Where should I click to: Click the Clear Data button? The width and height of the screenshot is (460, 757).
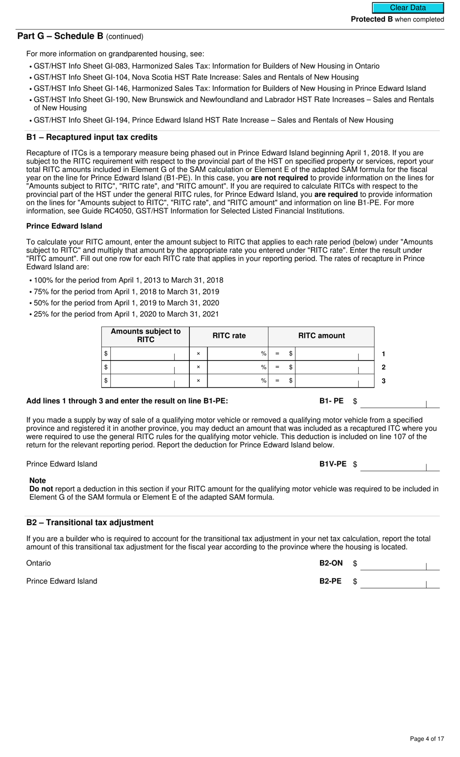click(408, 8)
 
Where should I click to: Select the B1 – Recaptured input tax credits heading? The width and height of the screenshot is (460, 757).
click(92, 137)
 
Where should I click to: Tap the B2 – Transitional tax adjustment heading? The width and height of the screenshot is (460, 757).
click(90, 523)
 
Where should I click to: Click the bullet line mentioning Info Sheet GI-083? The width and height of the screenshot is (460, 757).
click(206, 66)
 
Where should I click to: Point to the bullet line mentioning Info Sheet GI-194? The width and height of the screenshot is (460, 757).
click(213, 120)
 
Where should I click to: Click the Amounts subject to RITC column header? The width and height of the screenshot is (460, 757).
click(145, 335)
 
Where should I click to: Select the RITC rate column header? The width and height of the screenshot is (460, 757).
click(229, 336)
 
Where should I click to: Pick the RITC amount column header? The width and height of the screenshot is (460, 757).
click(321, 336)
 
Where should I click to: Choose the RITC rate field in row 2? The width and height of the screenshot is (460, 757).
click(235, 367)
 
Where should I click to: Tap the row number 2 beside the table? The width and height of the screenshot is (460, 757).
click(383, 367)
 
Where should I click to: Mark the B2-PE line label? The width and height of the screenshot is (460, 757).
click(330, 581)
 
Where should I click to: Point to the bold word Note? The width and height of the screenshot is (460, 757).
click(38, 481)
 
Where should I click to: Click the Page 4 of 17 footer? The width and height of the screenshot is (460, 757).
click(427, 739)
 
